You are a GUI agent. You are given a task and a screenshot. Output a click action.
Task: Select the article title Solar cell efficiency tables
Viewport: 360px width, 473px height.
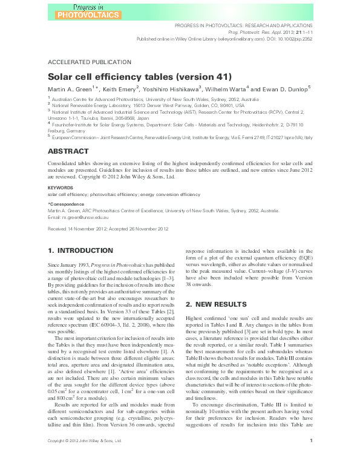pyautogui.click(x=139, y=77)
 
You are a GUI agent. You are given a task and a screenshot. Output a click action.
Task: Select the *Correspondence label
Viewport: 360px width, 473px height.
pyautogui.click(x=65, y=205)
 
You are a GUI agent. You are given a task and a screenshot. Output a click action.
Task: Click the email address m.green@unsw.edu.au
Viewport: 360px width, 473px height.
pyautogui.click(x=84, y=216)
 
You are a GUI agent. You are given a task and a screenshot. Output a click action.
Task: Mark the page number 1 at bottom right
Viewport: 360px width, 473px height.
pyautogui.click(x=310, y=458)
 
